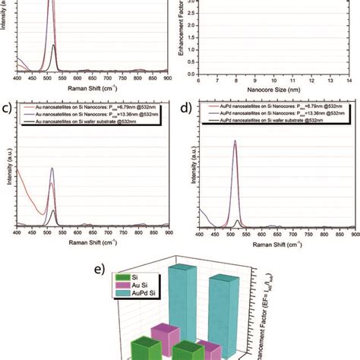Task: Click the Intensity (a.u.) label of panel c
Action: point(7,178)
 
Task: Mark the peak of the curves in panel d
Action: point(235,142)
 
